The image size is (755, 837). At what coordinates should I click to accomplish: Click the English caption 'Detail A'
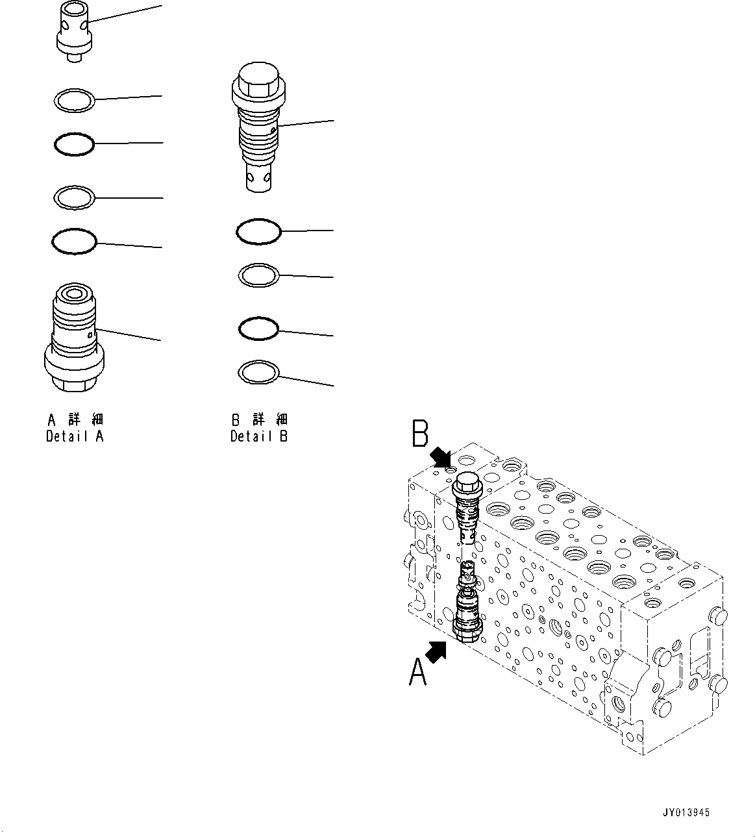(x=75, y=436)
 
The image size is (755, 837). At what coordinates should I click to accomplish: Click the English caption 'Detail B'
(x=258, y=436)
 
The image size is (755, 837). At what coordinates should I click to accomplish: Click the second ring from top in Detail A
(x=74, y=144)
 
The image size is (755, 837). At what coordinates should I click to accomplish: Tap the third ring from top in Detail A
(x=74, y=197)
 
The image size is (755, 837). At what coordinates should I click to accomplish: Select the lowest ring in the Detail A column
(x=74, y=242)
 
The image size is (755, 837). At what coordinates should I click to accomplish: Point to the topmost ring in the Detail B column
(x=258, y=231)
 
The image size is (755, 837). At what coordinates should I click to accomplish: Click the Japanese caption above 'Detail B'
(x=258, y=419)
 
